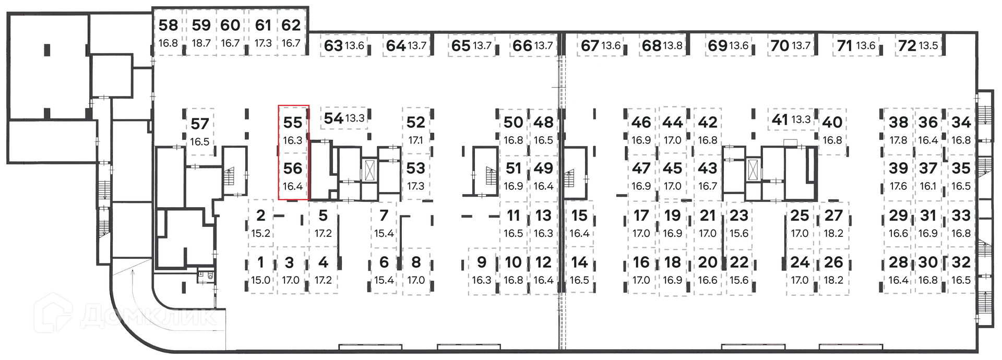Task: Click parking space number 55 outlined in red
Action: (293, 129)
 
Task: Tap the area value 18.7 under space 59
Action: (201, 43)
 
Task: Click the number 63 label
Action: (333, 46)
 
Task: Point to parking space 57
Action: (199, 131)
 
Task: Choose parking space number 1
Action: (260, 270)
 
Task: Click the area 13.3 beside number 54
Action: (355, 118)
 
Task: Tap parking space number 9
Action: (481, 270)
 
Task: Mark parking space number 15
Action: (579, 223)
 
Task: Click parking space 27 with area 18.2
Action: (833, 223)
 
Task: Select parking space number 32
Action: (961, 270)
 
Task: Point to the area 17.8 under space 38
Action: (898, 140)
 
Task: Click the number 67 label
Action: (590, 46)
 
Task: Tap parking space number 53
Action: (415, 176)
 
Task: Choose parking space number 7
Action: (384, 223)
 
